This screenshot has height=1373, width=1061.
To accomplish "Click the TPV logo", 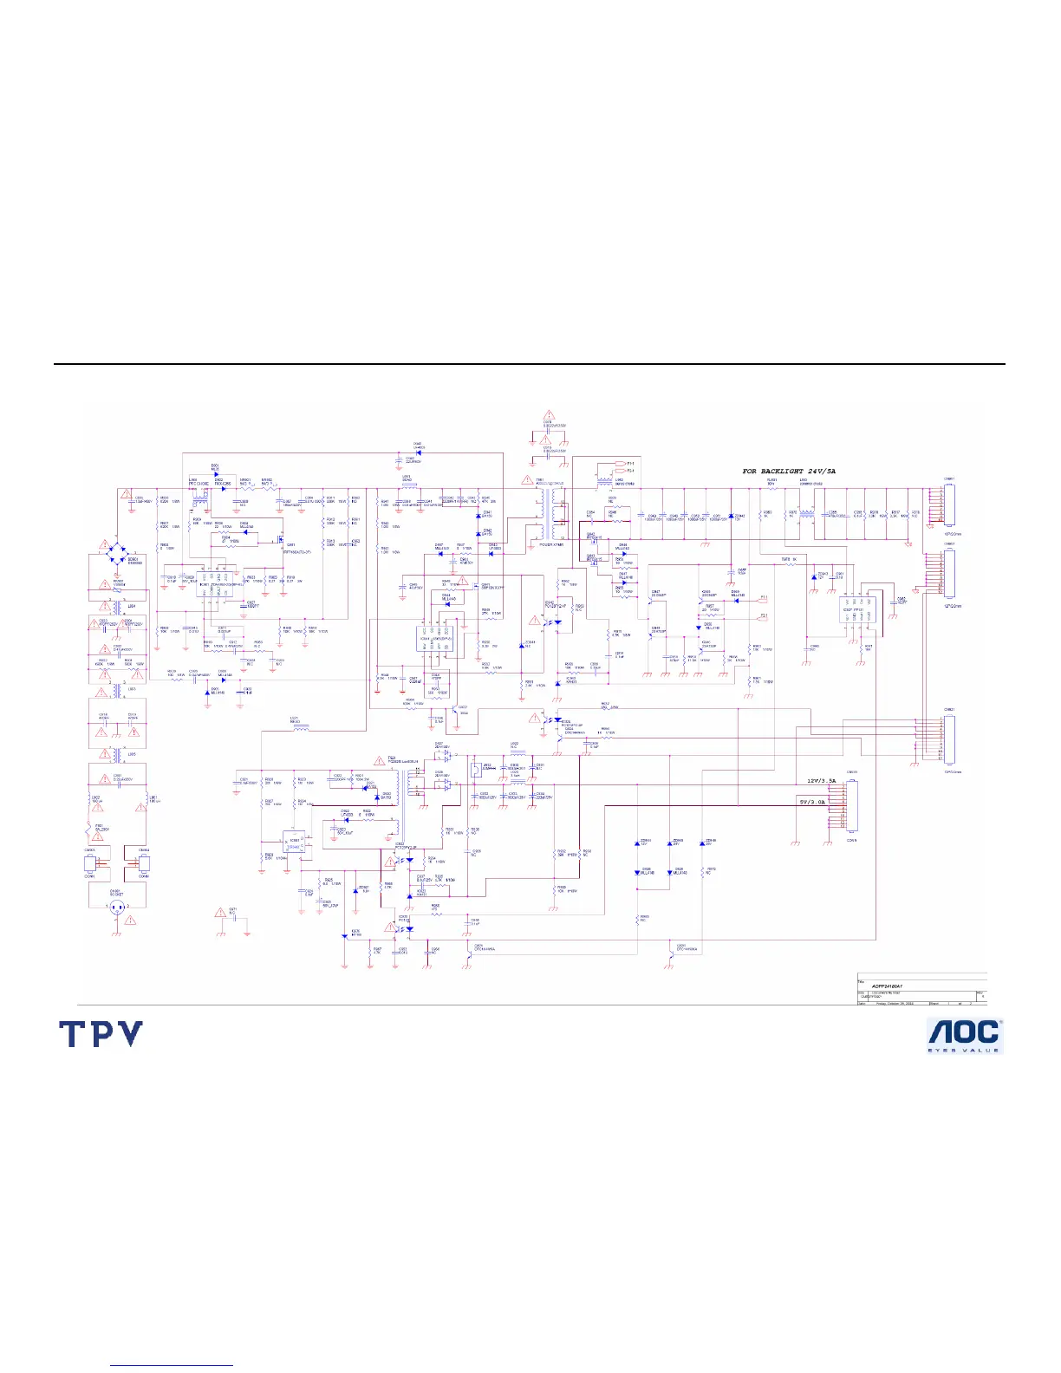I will click(x=101, y=1034).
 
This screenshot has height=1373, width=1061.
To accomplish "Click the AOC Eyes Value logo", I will click(x=965, y=1035).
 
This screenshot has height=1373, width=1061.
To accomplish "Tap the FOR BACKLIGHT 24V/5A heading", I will click(x=788, y=471).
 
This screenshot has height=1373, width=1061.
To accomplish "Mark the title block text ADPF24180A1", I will click(x=893, y=986).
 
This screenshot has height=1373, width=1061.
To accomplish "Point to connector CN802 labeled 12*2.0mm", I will click(x=948, y=572).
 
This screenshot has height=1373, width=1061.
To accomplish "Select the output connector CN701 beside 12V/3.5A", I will click(x=851, y=806).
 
